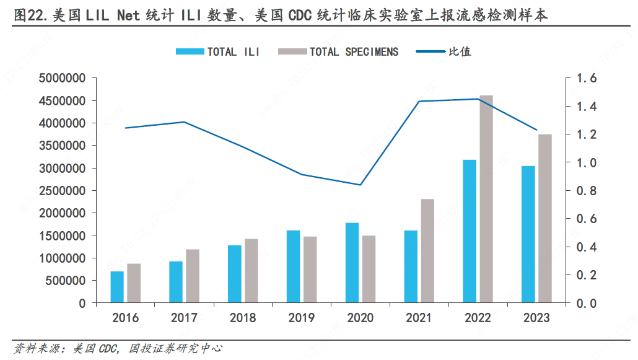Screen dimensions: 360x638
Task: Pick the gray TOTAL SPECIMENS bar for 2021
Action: pyautogui.click(x=427, y=251)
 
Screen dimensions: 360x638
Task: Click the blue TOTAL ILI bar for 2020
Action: pyautogui.click(x=352, y=263)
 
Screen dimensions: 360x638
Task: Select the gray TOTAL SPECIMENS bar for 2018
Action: pyautogui.click(x=251, y=271)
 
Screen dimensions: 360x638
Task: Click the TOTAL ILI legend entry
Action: pyautogui.click(x=217, y=51)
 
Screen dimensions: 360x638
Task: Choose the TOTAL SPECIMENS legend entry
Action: pyautogui.click(x=338, y=51)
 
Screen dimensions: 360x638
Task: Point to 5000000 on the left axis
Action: pyautogui.click(x=61, y=79)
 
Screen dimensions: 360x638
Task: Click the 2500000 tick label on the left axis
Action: pyautogui.click(x=61, y=191)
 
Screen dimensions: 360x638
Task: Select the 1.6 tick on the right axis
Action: pyautogui.click(x=585, y=79)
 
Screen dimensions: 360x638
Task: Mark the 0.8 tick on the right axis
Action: pyautogui.click(x=585, y=191)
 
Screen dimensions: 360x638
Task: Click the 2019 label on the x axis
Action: pyautogui.click(x=302, y=318)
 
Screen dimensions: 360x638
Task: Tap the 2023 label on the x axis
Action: pyautogui.click(x=536, y=318)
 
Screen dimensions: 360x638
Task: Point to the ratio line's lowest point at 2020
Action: pyautogui.click(x=361, y=185)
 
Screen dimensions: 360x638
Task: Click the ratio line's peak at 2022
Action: pyautogui.click(x=478, y=99)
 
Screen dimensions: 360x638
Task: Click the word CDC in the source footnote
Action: pyautogui.click(x=107, y=349)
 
